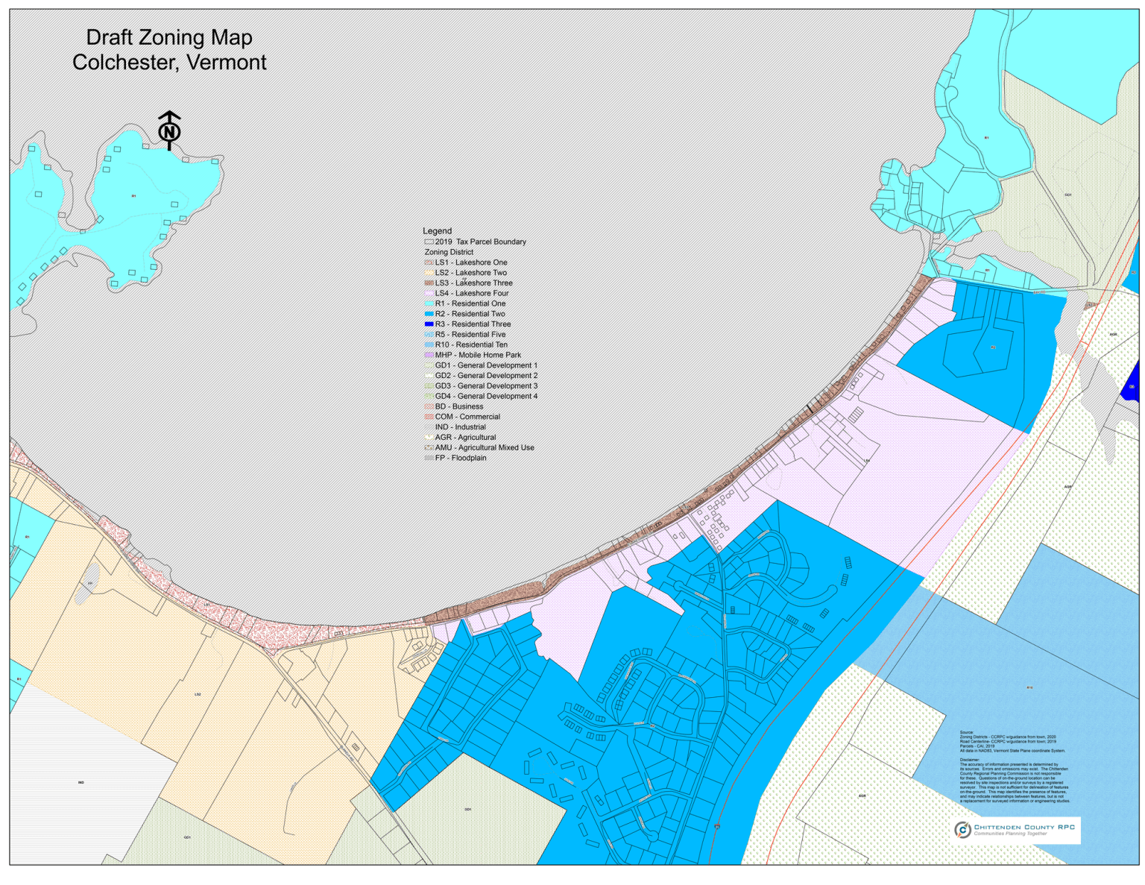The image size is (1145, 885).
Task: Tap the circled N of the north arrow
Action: (169, 132)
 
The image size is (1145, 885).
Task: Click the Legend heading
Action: (437, 231)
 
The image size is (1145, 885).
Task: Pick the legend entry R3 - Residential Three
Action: (473, 324)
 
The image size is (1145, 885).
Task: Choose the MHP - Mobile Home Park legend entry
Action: (478, 355)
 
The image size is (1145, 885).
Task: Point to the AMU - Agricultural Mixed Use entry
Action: (484, 447)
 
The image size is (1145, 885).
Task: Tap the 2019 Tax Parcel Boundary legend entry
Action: (480, 242)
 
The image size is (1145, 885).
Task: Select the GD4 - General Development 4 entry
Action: (486, 396)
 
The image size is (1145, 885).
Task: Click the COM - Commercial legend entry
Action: (467, 417)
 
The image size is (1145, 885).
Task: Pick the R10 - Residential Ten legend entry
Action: (471, 344)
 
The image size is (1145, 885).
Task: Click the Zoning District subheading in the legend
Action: (449, 252)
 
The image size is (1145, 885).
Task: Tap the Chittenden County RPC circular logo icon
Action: (962, 829)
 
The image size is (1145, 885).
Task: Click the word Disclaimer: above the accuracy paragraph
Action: (970, 760)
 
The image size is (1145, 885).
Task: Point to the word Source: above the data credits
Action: (967, 732)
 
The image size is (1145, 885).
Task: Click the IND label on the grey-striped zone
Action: (81, 782)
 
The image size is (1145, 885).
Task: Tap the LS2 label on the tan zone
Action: (198, 694)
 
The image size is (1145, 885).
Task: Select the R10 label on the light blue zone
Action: (1029, 687)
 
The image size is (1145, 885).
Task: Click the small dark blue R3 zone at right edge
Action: (1131, 383)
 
